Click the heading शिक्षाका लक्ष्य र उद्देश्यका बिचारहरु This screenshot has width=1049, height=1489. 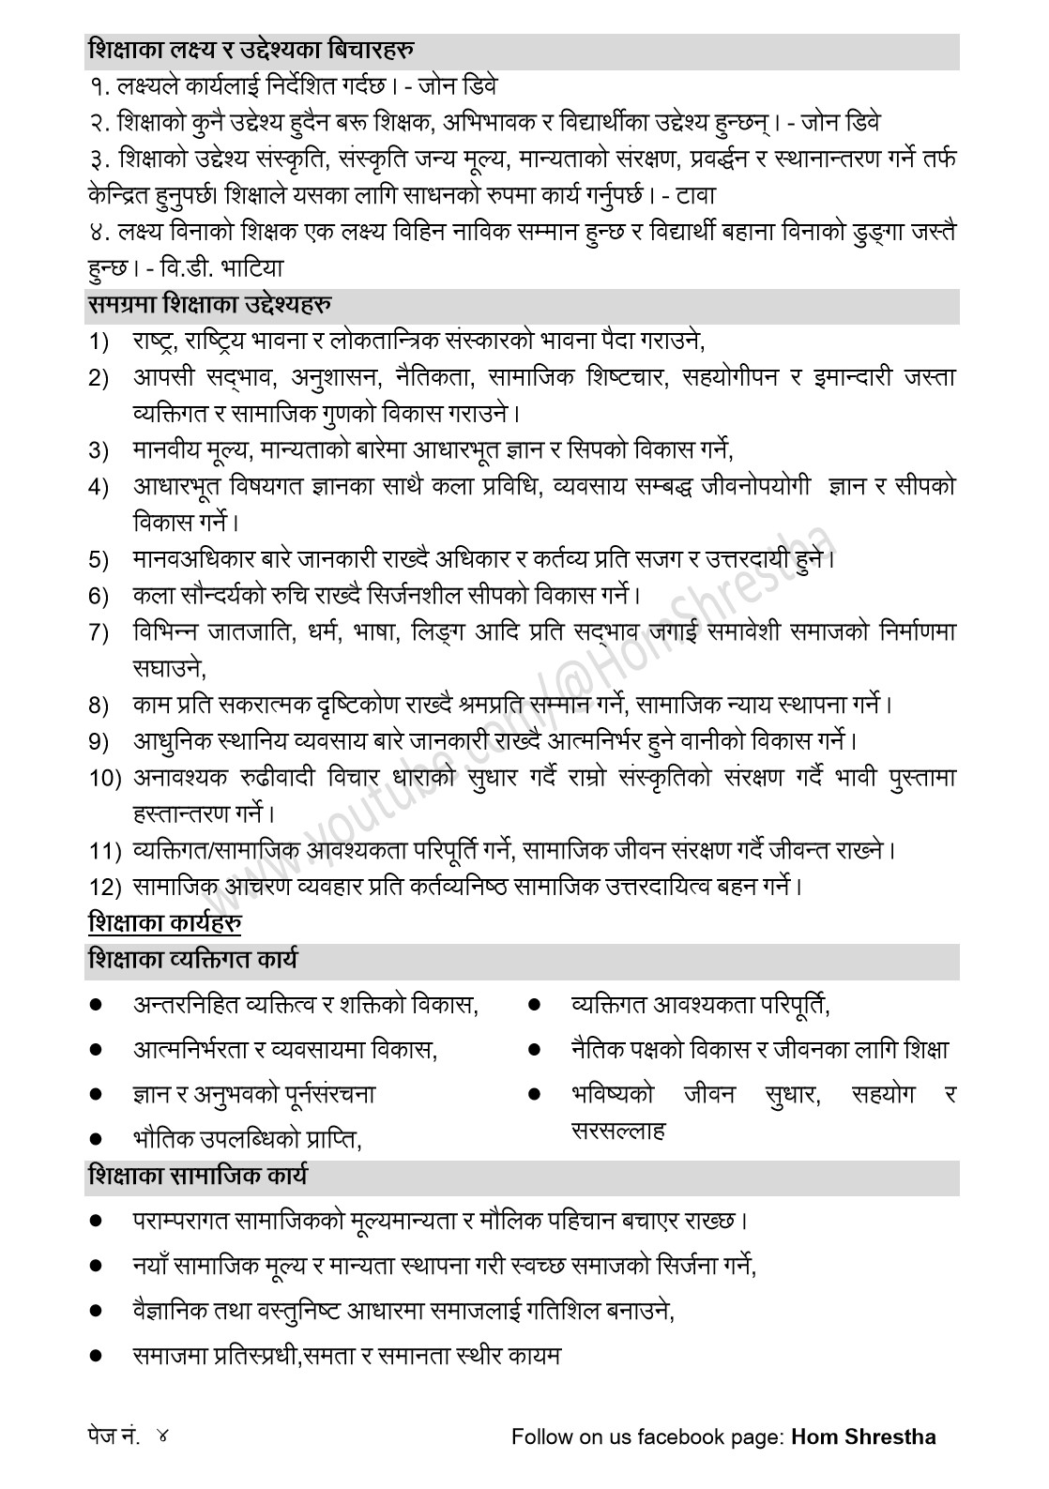pyautogui.click(x=252, y=50)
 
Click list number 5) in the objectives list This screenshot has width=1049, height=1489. pyautogui.click(x=99, y=561)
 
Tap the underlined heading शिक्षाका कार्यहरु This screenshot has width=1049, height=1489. pyautogui.click(x=165, y=923)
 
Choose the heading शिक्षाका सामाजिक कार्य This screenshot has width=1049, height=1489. pyautogui.click(x=197, y=1176)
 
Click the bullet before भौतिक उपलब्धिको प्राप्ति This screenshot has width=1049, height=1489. pyautogui.click(x=96, y=1139)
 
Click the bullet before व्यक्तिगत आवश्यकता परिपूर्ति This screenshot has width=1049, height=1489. pyautogui.click(x=534, y=1006)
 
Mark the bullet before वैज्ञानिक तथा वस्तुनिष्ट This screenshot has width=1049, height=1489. pyautogui.click(x=96, y=1309)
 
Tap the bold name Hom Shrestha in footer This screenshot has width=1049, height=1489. pyautogui.click(x=864, y=1436)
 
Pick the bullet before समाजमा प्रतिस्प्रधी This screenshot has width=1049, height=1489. pyautogui.click(x=96, y=1355)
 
